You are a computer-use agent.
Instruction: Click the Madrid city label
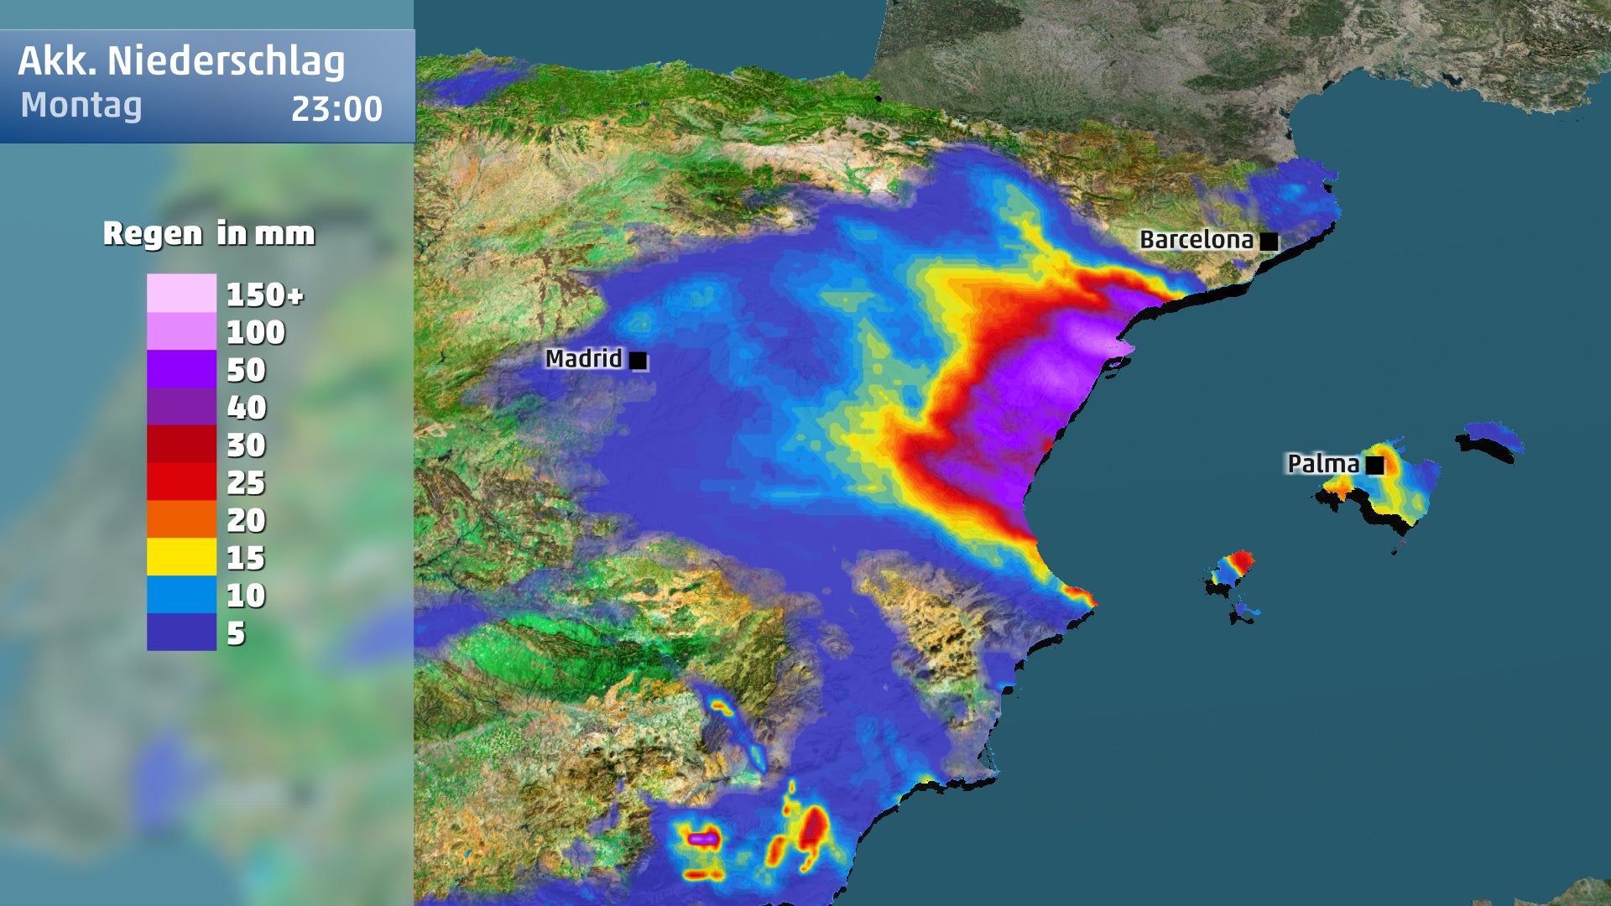click(584, 359)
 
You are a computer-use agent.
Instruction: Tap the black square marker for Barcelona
click(1270, 242)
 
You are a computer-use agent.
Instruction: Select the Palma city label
click(1323, 464)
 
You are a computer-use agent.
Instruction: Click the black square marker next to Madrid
click(639, 361)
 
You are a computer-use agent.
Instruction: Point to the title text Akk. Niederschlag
click(181, 61)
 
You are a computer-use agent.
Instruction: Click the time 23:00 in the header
click(336, 109)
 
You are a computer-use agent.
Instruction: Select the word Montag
click(81, 106)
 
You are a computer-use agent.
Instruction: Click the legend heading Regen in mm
click(209, 233)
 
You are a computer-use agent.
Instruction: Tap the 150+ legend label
click(264, 294)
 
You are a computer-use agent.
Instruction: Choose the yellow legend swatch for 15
click(181, 557)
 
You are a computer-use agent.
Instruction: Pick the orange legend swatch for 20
click(181, 519)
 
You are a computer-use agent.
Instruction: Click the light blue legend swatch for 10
click(181, 595)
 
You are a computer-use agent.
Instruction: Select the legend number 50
click(246, 370)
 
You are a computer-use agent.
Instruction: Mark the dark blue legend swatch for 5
click(181, 632)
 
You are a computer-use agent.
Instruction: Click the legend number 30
click(246, 445)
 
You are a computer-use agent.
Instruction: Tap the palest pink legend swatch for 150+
click(181, 294)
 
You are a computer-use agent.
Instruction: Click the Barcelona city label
click(1197, 240)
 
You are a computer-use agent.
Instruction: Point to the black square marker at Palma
click(1374, 465)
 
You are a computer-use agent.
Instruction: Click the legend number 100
click(256, 332)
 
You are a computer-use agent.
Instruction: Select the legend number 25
click(246, 482)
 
